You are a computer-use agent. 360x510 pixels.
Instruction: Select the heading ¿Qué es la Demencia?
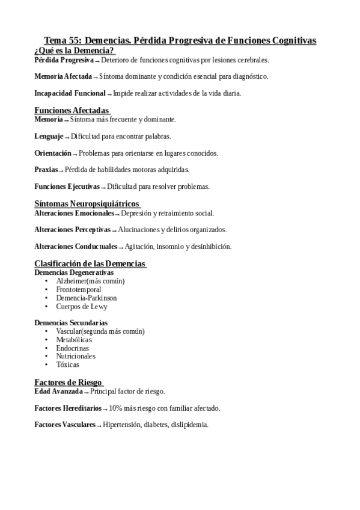pyautogui.click(x=75, y=51)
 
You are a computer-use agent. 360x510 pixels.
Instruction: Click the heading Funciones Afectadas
pyautogui.click(x=72, y=111)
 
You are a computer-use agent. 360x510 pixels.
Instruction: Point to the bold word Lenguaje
pyautogui.click(x=48, y=136)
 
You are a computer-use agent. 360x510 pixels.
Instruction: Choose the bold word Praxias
pyautogui.click(x=46, y=170)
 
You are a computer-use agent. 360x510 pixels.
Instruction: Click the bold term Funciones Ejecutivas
pyautogui.click(x=67, y=186)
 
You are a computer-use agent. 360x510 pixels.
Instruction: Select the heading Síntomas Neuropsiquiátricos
pyautogui.click(x=87, y=204)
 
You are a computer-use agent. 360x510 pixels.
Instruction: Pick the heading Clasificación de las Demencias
pyautogui.click(x=90, y=263)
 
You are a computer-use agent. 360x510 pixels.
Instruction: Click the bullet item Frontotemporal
pyautogui.click(x=78, y=289)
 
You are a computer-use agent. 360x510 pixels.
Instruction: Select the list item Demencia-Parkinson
pyautogui.click(x=86, y=298)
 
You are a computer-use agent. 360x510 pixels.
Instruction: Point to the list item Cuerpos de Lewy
pyautogui.click(x=82, y=306)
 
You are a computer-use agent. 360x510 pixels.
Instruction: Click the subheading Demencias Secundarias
pyautogui.click(x=71, y=323)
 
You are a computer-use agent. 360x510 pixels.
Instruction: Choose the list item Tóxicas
pyautogui.click(x=67, y=364)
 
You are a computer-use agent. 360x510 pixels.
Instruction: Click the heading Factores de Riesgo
pyautogui.click(x=67, y=382)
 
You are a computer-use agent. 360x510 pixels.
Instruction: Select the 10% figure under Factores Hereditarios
pyautogui.click(x=115, y=408)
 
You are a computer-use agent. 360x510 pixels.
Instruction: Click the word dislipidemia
pyautogui.click(x=189, y=425)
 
